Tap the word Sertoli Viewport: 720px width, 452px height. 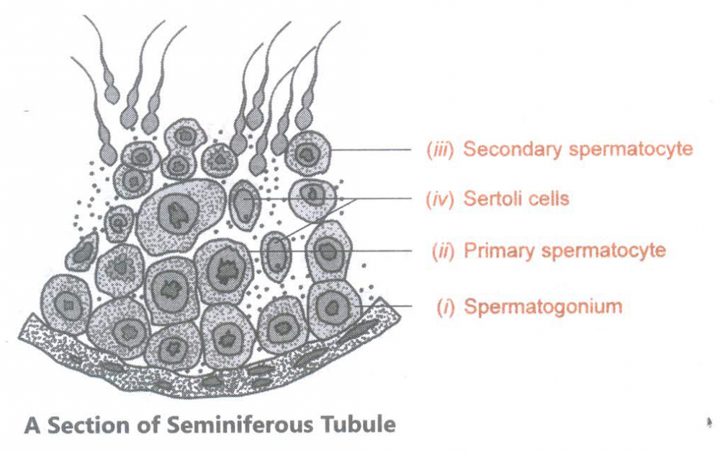pos(492,199)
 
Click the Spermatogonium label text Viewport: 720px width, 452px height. pos(543,306)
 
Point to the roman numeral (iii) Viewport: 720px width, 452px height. pos(441,150)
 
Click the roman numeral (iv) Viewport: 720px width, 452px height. pos(440,199)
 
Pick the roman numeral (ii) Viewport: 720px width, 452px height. pos(443,252)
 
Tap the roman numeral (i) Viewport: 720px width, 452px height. pos(446,307)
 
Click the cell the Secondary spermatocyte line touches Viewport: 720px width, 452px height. pos(307,152)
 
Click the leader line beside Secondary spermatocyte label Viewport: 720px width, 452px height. pos(371,149)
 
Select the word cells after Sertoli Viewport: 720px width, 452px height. pos(549,199)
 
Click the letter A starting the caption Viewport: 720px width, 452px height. pos(32,425)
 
